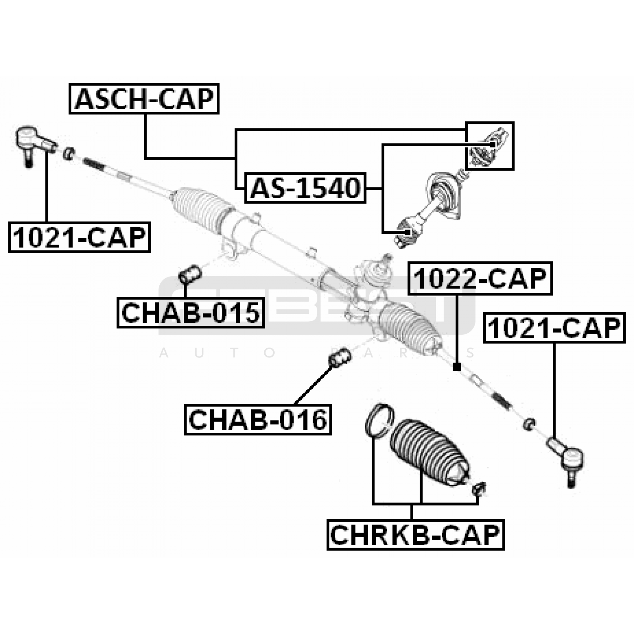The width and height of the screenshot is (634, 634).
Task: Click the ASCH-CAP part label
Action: point(144,99)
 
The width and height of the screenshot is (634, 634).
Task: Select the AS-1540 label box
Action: point(305,188)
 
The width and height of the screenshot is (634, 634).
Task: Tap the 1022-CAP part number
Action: point(480,278)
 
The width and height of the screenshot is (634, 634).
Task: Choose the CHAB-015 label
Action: point(190,313)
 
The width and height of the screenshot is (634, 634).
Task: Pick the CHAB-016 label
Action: point(258,420)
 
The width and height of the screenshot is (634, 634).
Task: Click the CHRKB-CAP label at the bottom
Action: point(415,535)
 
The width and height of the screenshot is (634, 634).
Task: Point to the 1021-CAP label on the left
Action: point(79,237)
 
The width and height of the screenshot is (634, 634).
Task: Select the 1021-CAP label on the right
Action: point(554,328)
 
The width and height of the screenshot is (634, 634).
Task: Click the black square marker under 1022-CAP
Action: point(456,367)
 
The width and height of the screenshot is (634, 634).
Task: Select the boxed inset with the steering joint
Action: point(489,146)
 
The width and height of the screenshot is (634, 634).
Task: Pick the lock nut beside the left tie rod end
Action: point(69,153)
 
